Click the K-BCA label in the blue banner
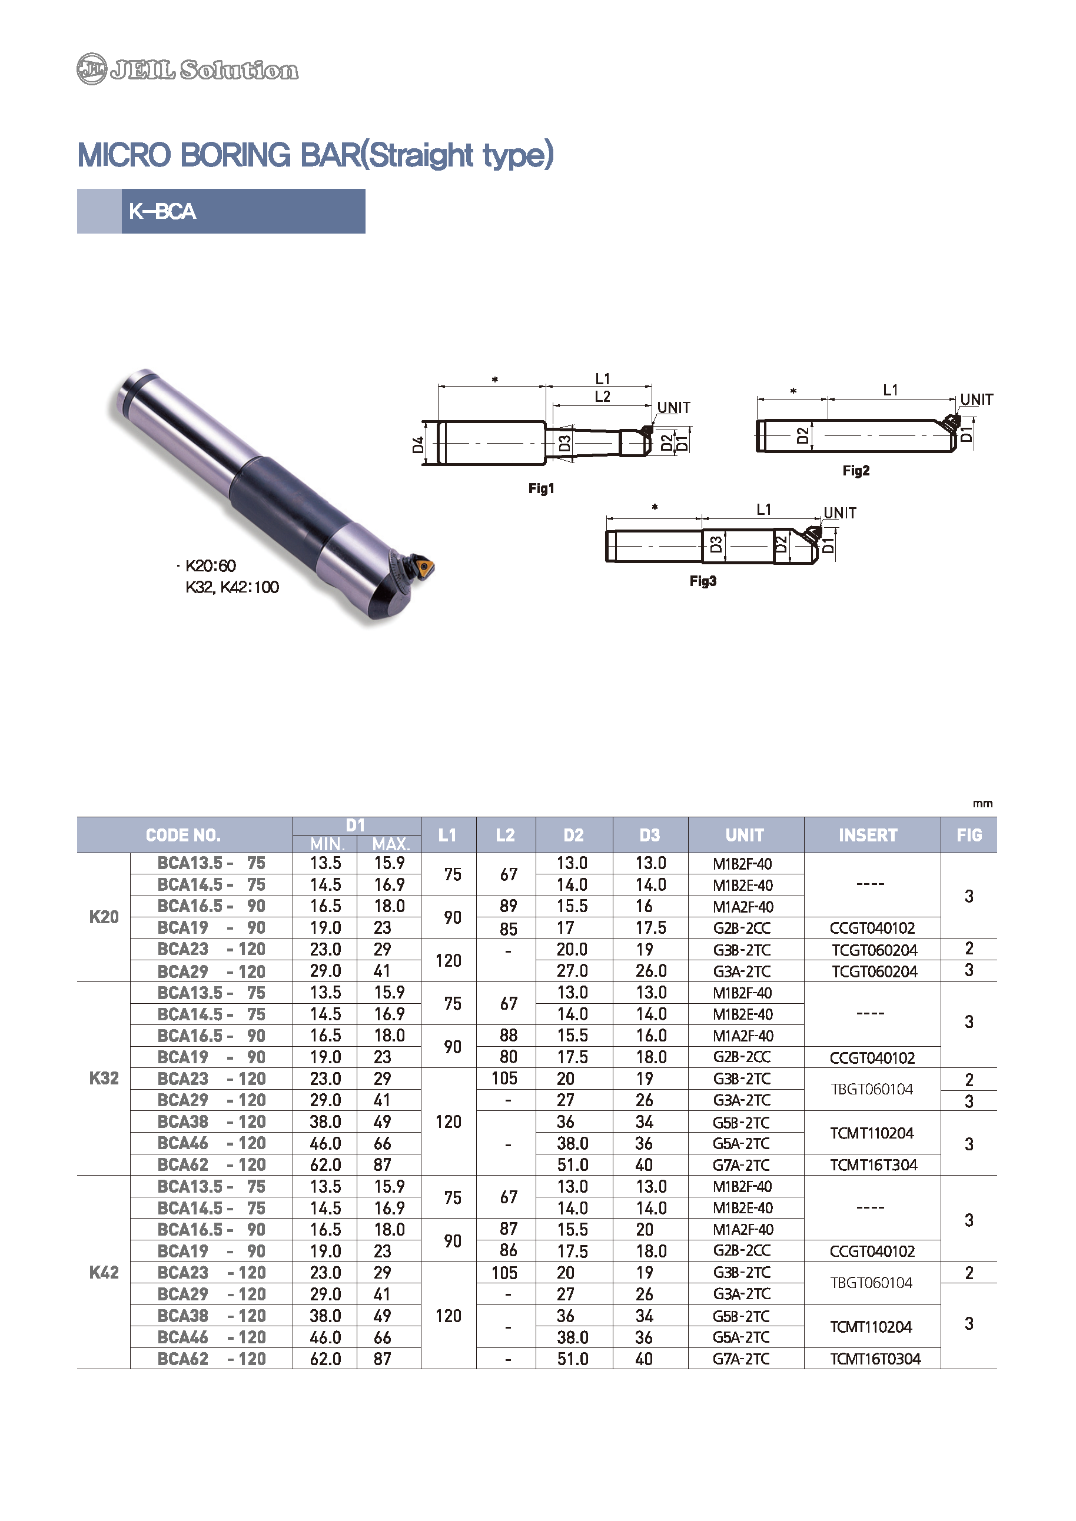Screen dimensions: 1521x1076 pos(162,211)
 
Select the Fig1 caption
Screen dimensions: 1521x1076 pos(541,488)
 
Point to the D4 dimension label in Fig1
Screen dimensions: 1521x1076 pos(417,444)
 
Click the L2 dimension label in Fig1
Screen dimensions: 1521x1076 pos(602,396)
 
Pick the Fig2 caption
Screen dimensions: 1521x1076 pos(855,470)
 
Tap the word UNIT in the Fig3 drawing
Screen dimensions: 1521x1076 pos(839,512)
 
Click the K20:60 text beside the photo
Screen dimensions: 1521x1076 pos(210,565)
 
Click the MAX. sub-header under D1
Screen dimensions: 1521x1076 pos(390,844)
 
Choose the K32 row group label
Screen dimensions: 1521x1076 pos(104,1079)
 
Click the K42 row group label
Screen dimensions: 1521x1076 pos(104,1272)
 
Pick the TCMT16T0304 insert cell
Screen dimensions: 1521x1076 pos(875,1359)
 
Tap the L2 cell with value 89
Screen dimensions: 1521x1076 pos(508,906)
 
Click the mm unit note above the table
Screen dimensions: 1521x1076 pos(982,804)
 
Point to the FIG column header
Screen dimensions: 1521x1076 pos(969,835)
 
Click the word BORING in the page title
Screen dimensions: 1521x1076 pos(235,155)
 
